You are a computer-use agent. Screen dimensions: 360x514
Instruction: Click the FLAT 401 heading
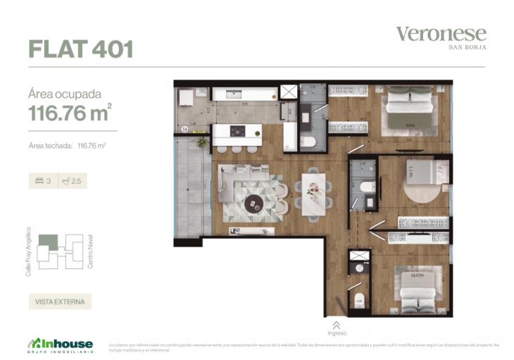(x=80, y=49)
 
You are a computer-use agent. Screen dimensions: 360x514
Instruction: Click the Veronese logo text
(x=441, y=33)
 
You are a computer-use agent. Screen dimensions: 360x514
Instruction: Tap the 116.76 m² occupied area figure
(x=70, y=112)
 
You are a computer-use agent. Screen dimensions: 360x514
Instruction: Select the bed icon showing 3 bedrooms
(x=39, y=181)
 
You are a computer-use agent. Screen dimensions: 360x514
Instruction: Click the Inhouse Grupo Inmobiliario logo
(x=61, y=345)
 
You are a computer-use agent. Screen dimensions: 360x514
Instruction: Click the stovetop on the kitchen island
(x=238, y=131)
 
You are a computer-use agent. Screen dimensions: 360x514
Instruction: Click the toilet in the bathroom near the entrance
(x=359, y=300)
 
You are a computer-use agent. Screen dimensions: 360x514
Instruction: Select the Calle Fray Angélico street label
(x=29, y=251)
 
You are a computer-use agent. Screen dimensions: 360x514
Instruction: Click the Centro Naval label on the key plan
(x=90, y=252)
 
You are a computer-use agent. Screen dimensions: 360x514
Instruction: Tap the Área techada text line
(x=67, y=146)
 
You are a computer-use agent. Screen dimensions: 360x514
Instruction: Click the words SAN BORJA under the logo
(x=468, y=47)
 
